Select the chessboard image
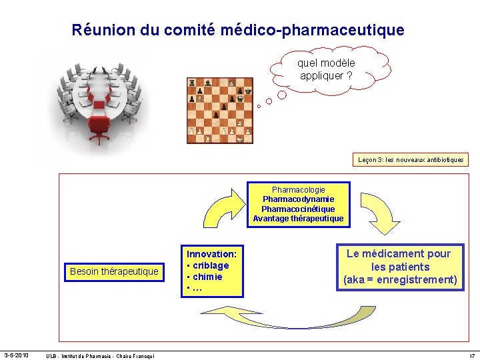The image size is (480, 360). (220, 110)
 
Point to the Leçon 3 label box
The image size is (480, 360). (411, 160)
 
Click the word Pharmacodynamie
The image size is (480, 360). (298, 199)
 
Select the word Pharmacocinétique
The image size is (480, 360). (298, 209)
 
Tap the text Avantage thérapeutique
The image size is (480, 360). (298, 219)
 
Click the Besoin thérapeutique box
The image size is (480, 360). (114, 271)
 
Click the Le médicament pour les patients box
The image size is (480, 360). (399, 266)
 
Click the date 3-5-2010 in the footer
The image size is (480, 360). (16, 355)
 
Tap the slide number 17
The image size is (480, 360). (471, 355)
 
